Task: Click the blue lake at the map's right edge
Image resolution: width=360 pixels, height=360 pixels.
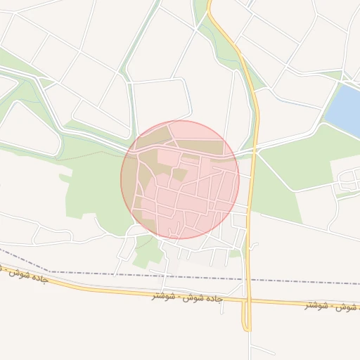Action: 345,109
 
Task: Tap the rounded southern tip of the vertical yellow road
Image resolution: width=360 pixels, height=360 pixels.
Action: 247,328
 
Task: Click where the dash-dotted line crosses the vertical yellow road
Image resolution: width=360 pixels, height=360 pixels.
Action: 247,279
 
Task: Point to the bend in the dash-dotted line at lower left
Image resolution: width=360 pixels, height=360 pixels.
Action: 51,271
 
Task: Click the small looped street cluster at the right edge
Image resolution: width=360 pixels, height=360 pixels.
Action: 347,184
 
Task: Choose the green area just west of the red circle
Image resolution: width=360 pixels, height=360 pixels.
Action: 91,190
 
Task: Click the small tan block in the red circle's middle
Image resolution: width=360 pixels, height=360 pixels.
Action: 180,174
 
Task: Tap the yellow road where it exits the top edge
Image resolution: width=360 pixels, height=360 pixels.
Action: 209,4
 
